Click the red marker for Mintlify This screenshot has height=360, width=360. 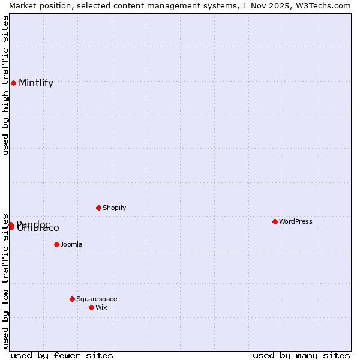point(13,83)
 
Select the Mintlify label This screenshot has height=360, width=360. point(36,83)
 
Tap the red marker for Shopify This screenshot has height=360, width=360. point(98,208)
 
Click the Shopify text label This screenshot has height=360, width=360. point(114,208)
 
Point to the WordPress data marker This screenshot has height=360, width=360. point(275,221)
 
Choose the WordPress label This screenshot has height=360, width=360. point(296,222)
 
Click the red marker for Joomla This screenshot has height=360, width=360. point(56,244)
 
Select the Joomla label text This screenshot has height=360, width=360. point(71,245)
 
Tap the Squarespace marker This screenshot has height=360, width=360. point(72,299)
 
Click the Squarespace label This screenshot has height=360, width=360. point(97,299)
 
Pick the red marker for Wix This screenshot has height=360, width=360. point(91,307)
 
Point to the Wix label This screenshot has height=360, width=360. point(101,308)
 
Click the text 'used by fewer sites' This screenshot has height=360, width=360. point(62,355)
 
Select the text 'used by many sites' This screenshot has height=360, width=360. point(301,355)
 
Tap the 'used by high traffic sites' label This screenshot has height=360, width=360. point(5,85)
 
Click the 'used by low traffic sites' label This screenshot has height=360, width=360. point(5,280)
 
